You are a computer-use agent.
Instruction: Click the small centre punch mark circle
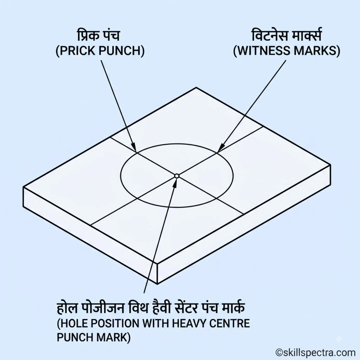tap(176, 176)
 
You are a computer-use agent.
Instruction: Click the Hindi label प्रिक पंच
tap(98, 36)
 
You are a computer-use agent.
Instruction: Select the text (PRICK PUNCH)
tap(100, 51)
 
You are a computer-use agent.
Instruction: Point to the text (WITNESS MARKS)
tap(287, 51)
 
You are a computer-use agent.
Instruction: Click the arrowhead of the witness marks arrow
tap(221, 148)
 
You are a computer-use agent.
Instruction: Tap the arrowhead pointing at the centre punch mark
tap(175, 182)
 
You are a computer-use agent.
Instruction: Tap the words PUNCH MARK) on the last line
tap(94, 337)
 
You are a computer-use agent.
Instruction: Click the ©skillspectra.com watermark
tap(316, 352)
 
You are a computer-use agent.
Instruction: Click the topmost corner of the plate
tap(196, 88)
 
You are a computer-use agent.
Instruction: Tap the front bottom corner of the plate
tap(157, 284)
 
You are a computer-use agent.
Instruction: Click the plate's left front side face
tap(90, 236)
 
